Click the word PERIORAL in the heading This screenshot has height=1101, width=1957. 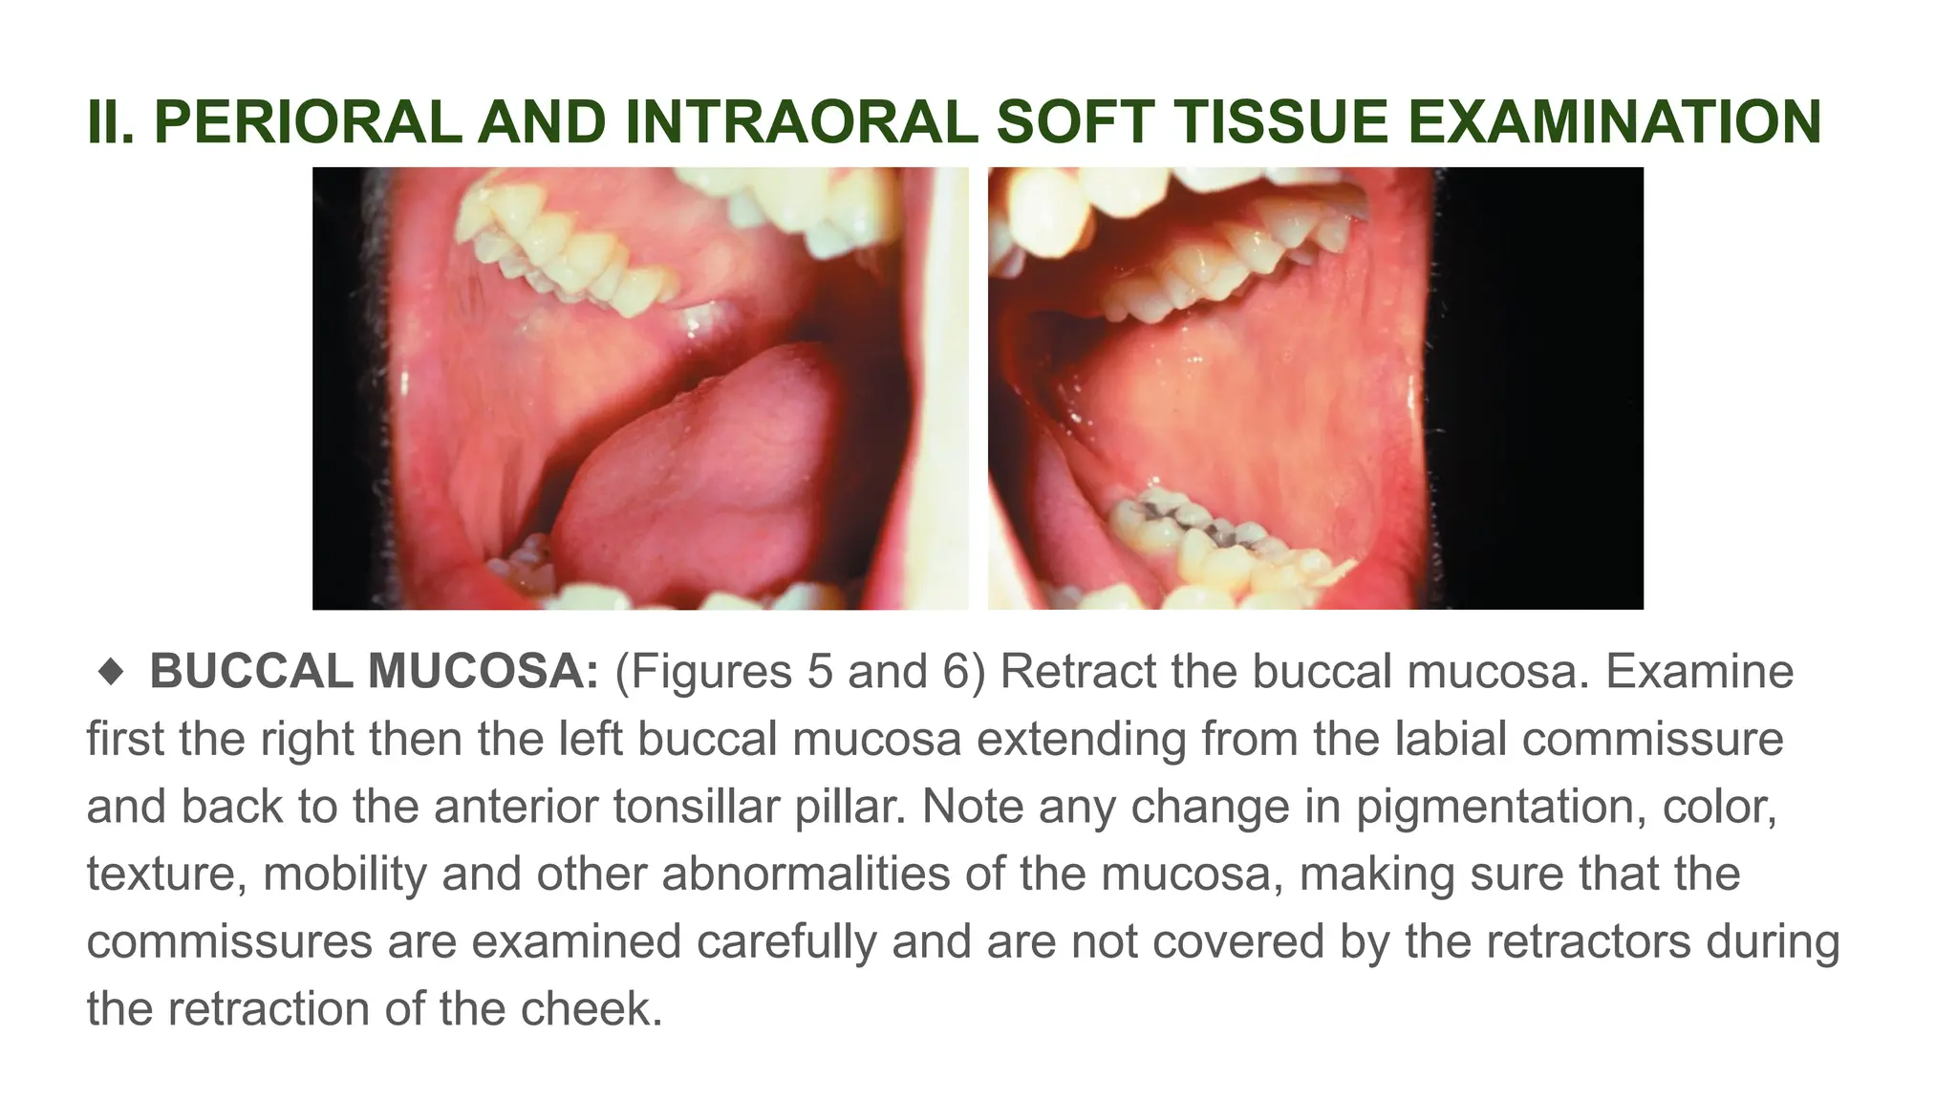(x=308, y=122)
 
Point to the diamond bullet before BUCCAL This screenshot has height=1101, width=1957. (x=111, y=672)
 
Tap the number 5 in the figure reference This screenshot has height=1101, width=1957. (x=820, y=672)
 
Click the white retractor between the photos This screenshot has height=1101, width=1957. (x=946, y=382)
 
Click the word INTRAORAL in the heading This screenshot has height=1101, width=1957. (x=802, y=122)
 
